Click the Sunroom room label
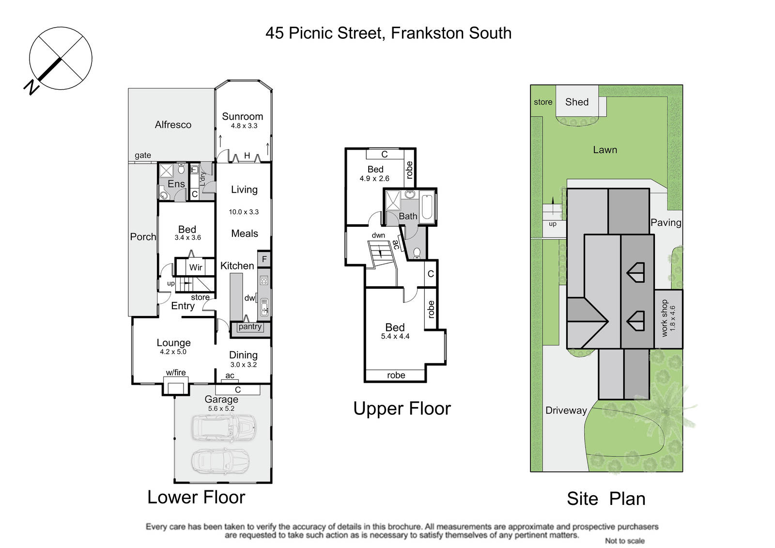tap(242, 116)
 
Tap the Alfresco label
tap(173, 125)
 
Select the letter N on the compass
tap(31, 88)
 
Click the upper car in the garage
tap(224, 427)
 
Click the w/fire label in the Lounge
tap(176, 373)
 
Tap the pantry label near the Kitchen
tap(250, 327)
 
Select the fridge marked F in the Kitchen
tap(264, 259)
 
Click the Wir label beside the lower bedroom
tap(196, 267)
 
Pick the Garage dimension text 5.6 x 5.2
tap(221, 408)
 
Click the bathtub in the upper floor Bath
tap(427, 207)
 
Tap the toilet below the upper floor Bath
tap(417, 253)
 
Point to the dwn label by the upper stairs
tap(378, 235)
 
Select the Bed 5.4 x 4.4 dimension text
tap(395, 336)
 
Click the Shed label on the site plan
tap(577, 102)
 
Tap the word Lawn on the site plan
tap(605, 150)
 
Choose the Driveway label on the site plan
tap(566, 410)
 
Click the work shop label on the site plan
tap(664, 318)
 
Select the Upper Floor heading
tap(402, 408)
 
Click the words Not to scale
tap(624, 541)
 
